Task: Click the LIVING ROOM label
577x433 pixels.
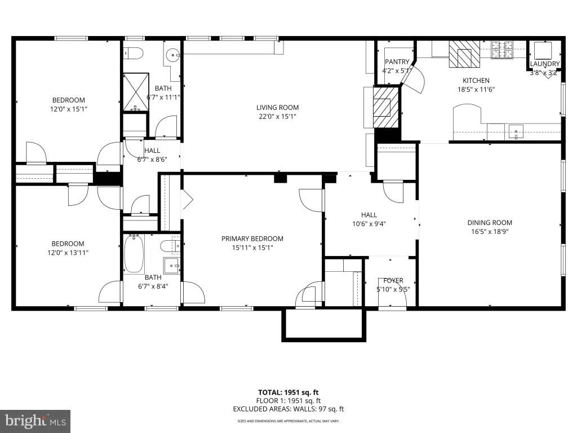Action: pos(277,108)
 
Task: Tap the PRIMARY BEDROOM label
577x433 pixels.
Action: pos(252,238)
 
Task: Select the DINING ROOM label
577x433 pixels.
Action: pos(490,222)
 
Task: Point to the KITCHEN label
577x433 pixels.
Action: pos(476,80)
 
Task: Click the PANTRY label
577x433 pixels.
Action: pos(397,61)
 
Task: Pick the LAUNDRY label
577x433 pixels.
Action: pos(545,64)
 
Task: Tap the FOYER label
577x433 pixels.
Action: pos(393,280)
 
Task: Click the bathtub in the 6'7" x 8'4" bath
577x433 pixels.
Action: pos(134,254)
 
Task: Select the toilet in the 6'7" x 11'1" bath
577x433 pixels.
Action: pos(134,54)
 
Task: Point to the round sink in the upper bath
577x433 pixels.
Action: pos(172,56)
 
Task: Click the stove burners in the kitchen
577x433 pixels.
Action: pos(503,50)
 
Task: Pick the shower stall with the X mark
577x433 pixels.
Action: pos(136,92)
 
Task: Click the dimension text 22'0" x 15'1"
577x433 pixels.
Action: pos(277,116)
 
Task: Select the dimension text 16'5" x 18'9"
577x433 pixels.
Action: pos(490,231)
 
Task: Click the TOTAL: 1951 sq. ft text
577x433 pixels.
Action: pos(288,392)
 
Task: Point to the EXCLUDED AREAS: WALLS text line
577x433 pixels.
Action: pos(288,409)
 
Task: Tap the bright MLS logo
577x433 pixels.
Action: pos(35,421)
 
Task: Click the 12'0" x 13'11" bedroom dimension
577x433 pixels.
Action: pos(68,253)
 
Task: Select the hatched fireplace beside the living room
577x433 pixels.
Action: pos(386,107)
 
